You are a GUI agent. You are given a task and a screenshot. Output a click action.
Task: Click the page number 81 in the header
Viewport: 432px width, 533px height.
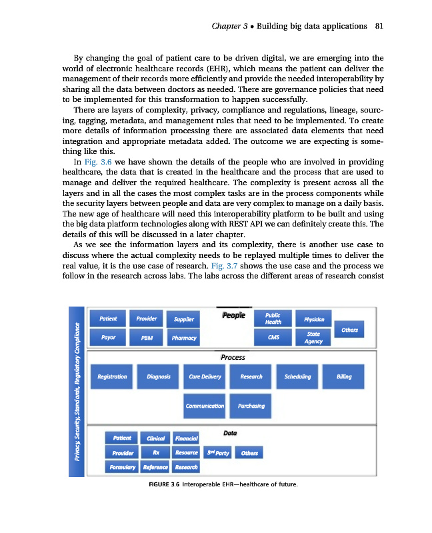coord(378,27)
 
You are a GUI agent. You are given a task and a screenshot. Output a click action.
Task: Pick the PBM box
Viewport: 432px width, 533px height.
coord(147,338)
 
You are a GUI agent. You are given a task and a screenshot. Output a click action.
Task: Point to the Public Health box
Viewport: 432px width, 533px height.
coord(273,319)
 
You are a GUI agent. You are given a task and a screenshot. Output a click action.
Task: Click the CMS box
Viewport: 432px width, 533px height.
coord(273,338)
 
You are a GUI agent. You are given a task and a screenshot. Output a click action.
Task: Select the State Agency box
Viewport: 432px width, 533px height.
coord(313,338)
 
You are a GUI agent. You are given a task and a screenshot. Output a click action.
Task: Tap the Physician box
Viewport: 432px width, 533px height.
coord(313,319)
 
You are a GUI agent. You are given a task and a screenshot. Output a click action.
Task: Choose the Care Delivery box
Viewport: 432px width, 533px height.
coord(205,377)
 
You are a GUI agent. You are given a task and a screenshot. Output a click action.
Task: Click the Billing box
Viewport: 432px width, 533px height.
coord(344,377)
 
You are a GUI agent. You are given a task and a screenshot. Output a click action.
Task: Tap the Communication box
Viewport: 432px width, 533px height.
coord(205,406)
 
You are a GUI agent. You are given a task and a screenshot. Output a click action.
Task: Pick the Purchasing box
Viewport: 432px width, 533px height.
coord(251,406)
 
